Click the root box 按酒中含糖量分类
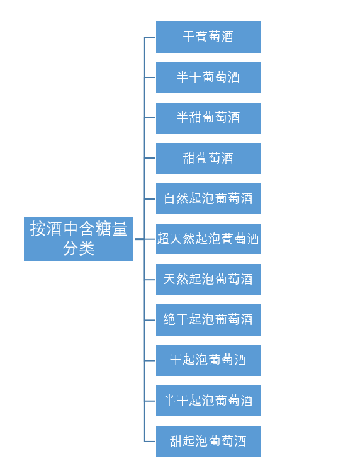coord(79,239)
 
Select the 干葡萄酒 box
coord(208,37)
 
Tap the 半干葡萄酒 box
coord(208,77)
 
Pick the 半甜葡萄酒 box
coord(208,118)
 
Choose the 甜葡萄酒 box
coord(208,158)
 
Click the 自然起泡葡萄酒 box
coord(208,199)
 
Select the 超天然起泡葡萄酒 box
coord(208,239)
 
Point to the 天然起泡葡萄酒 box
coord(208,280)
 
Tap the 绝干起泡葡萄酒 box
coord(208,320)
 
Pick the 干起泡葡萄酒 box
coord(208,360)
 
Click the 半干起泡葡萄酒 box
coord(208,401)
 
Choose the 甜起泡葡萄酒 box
coord(208,441)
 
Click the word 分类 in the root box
coord(79,248)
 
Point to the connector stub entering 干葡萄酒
coord(150,37)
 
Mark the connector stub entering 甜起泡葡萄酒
coord(150,442)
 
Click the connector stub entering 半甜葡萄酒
coord(150,118)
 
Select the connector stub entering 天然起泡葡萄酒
coord(150,280)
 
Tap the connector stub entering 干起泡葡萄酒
coord(150,360)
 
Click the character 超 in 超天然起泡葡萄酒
coord(163,239)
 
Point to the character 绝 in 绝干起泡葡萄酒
coord(169,319)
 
